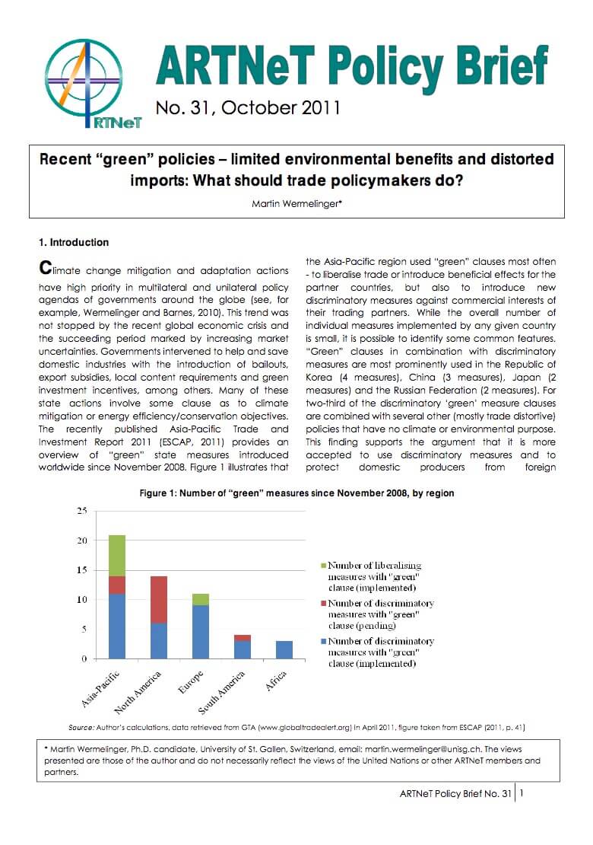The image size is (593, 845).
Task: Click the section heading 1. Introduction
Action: (x=74, y=243)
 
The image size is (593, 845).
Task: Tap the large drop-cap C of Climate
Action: (x=46, y=269)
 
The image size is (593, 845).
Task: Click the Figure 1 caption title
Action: (x=296, y=493)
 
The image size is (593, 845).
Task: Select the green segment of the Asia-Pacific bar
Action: (x=116, y=555)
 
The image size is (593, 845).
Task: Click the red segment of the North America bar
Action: (x=159, y=600)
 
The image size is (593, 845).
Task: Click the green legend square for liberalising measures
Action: (x=322, y=566)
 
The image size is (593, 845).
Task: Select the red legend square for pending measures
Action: (x=322, y=603)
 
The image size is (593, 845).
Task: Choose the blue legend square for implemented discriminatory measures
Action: (x=322, y=641)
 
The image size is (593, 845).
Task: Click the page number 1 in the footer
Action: (x=522, y=793)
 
